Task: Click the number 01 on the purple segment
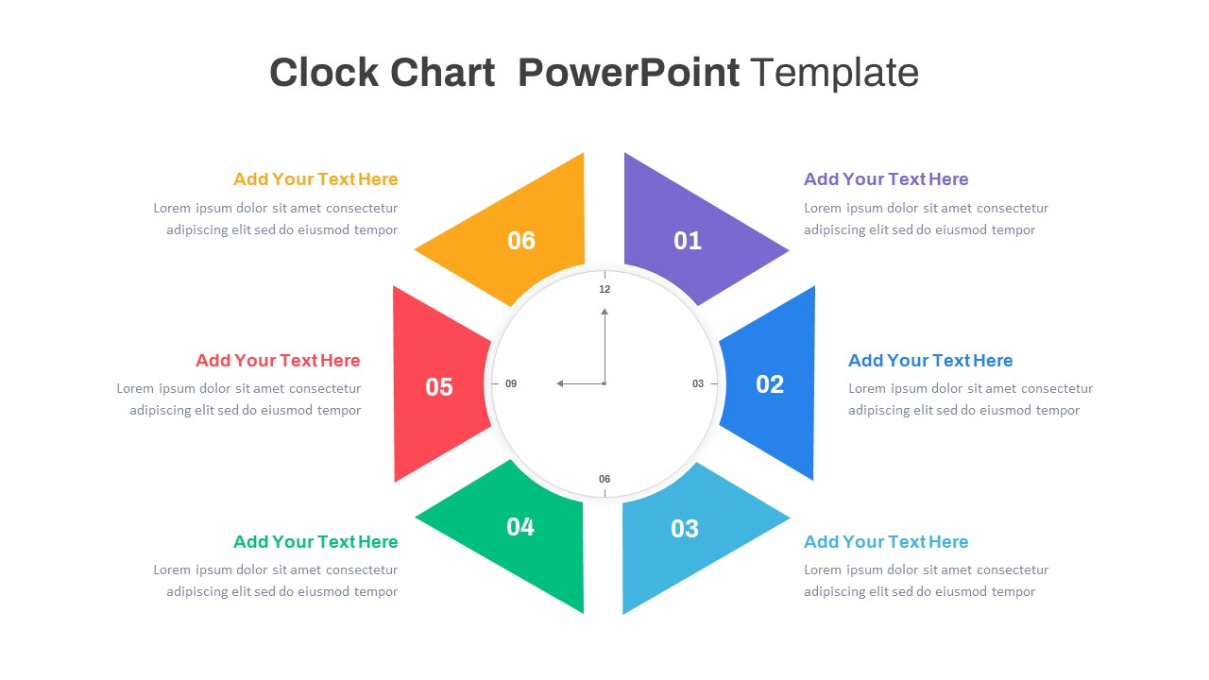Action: click(x=688, y=241)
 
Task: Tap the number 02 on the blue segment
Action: click(x=770, y=384)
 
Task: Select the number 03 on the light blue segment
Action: click(x=685, y=529)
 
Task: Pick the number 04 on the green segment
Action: click(x=520, y=527)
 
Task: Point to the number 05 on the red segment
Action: click(x=439, y=387)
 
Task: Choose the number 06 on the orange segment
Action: click(x=521, y=241)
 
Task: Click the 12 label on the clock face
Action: click(x=604, y=289)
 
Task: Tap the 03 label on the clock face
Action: click(x=698, y=383)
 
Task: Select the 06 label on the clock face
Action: click(x=604, y=479)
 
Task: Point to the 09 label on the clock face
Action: click(x=511, y=383)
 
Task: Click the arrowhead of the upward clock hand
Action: click(x=604, y=311)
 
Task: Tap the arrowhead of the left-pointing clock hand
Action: click(x=560, y=383)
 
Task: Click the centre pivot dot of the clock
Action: click(x=604, y=383)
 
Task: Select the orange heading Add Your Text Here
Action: click(x=315, y=179)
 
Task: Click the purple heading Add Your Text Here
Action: click(x=886, y=179)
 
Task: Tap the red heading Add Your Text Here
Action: click(x=278, y=361)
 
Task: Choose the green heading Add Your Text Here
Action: click(x=315, y=542)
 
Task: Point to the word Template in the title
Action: click(x=834, y=73)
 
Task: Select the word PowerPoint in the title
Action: click(x=628, y=73)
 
